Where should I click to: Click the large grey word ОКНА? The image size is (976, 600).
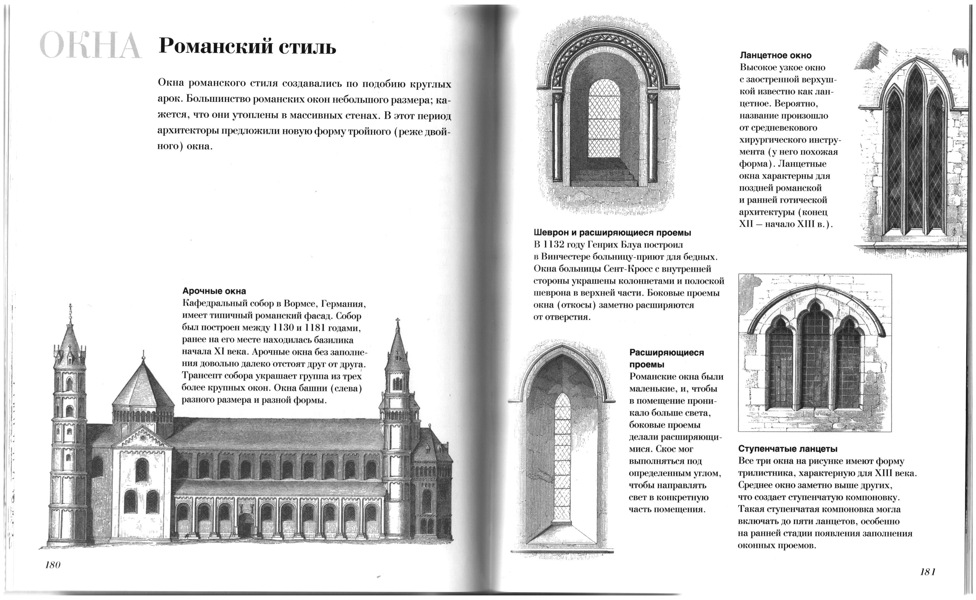pos(91,46)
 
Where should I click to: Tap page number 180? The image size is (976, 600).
pos(53,565)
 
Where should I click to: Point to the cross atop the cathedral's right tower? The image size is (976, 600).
pos(397,321)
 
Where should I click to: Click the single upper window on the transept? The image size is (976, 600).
pos(142,470)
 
